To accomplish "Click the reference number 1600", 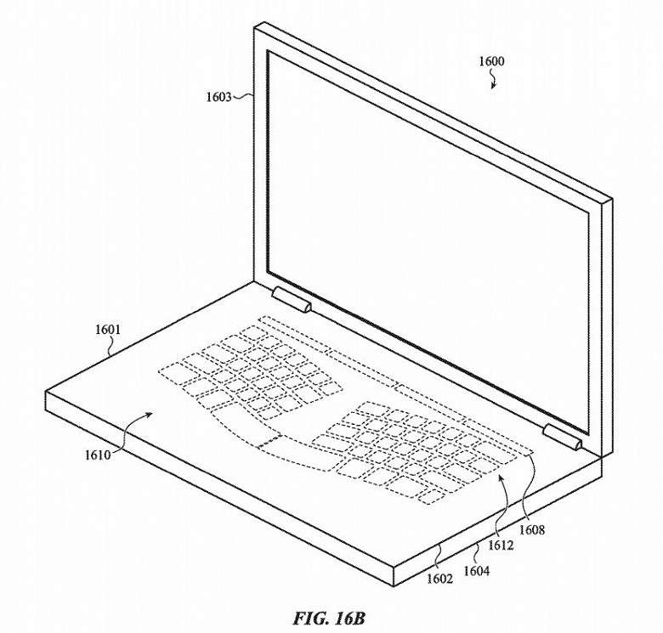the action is click(x=491, y=62).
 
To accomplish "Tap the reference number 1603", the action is click(x=219, y=97).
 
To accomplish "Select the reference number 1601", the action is click(x=108, y=329).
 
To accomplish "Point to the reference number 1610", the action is click(x=98, y=455).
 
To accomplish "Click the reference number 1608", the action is click(x=532, y=530).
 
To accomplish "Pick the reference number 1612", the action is click(x=501, y=545).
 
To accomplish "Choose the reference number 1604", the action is click(x=477, y=571).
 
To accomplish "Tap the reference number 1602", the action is click(x=439, y=579).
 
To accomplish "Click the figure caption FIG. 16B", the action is click(x=329, y=619).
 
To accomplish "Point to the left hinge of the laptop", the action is click(x=292, y=299).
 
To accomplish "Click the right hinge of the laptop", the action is click(x=563, y=437).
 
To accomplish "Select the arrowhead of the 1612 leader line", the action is click(x=501, y=478).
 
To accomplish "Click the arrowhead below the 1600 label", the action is click(x=493, y=86).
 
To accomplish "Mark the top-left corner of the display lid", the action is click(x=254, y=26).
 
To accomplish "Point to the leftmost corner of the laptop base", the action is click(x=46, y=392).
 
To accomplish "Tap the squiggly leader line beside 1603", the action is click(x=243, y=97).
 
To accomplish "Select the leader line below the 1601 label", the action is click(x=110, y=346).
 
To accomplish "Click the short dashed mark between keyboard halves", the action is click(x=269, y=440).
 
